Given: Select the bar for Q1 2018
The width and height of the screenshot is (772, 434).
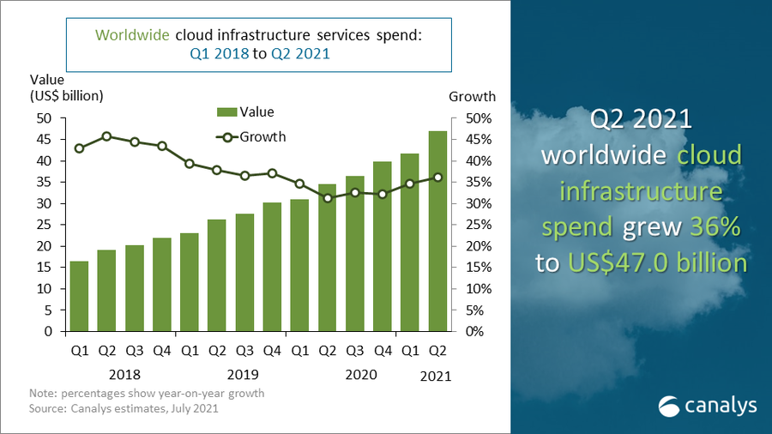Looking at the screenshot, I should coord(79,296).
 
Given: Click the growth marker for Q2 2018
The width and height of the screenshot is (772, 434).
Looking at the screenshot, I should coord(106,136).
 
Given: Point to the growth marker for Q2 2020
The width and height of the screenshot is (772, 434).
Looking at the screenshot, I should coord(326,198).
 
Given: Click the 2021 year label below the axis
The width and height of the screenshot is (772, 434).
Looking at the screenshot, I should coord(436,376).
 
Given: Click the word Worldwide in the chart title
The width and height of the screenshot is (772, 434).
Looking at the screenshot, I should coord(132,35).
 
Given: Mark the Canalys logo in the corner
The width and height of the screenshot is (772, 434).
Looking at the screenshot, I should coord(706,405).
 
